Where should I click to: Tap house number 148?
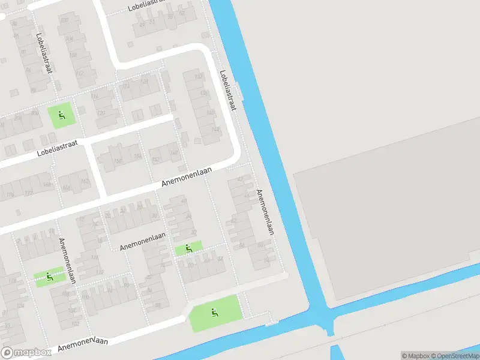pyautogui.click(x=174, y=154)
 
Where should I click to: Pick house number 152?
pyautogui.click(x=156, y=160)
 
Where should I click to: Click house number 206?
pyautogui.click(x=35, y=113)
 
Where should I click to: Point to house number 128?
pyautogui.click(x=144, y=81)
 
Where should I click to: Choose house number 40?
pyautogui.click(x=184, y=201)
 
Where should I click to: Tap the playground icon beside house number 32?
pyautogui.click(x=188, y=248)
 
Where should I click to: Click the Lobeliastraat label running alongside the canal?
pyautogui.click(x=228, y=91)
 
